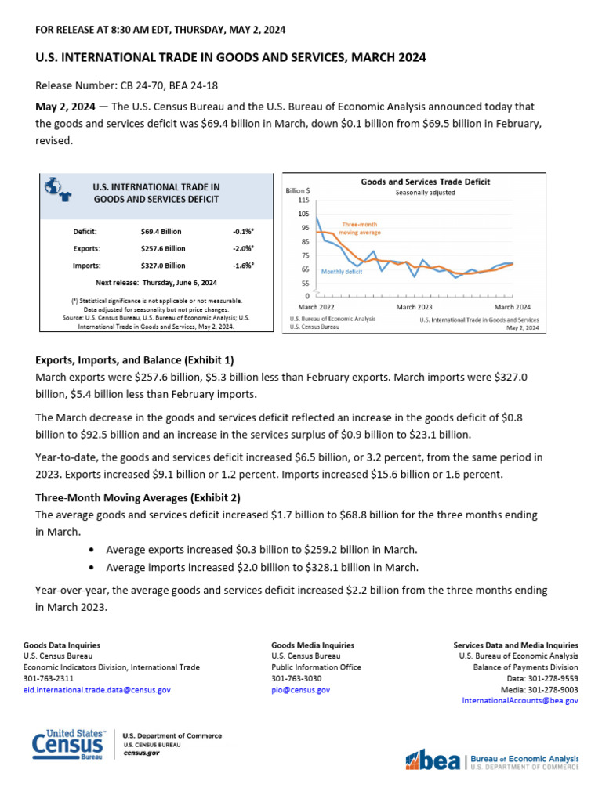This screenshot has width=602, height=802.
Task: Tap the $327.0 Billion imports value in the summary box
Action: tap(162, 266)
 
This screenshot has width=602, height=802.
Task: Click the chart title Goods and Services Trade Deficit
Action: tap(425, 182)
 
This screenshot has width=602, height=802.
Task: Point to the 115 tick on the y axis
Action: tap(303, 200)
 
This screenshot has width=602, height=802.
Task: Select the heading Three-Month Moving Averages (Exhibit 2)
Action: tap(138, 498)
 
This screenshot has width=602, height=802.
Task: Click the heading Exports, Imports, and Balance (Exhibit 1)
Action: tap(135, 360)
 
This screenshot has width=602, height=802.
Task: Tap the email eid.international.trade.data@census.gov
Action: tap(97, 690)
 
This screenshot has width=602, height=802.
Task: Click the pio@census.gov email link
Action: tap(300, 690)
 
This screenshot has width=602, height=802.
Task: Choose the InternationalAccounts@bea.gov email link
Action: tap(520, 701)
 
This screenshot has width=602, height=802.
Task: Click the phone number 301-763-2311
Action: tap(49, 678)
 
